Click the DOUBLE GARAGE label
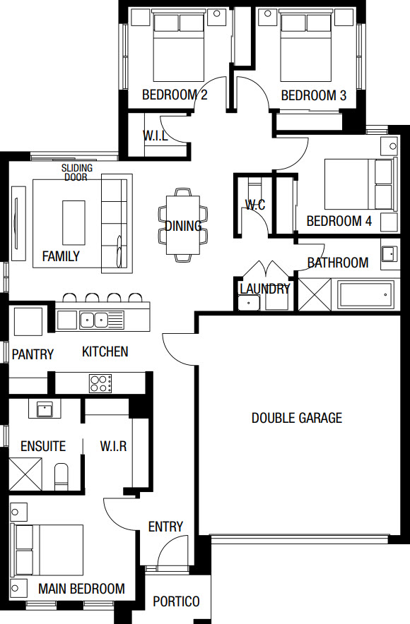297,418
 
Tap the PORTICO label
176,601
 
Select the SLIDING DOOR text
77,172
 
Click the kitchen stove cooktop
100,383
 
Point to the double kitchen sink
94,320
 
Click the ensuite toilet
61,476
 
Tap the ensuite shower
25,474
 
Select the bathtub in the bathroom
365,295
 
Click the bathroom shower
315,294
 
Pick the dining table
183,225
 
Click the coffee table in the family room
74,223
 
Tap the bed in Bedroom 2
179,47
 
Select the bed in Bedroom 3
305,47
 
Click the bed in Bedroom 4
361,184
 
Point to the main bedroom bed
47,550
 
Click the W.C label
255,205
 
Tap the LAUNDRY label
264,289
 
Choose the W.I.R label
114,446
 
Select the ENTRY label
165,527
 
